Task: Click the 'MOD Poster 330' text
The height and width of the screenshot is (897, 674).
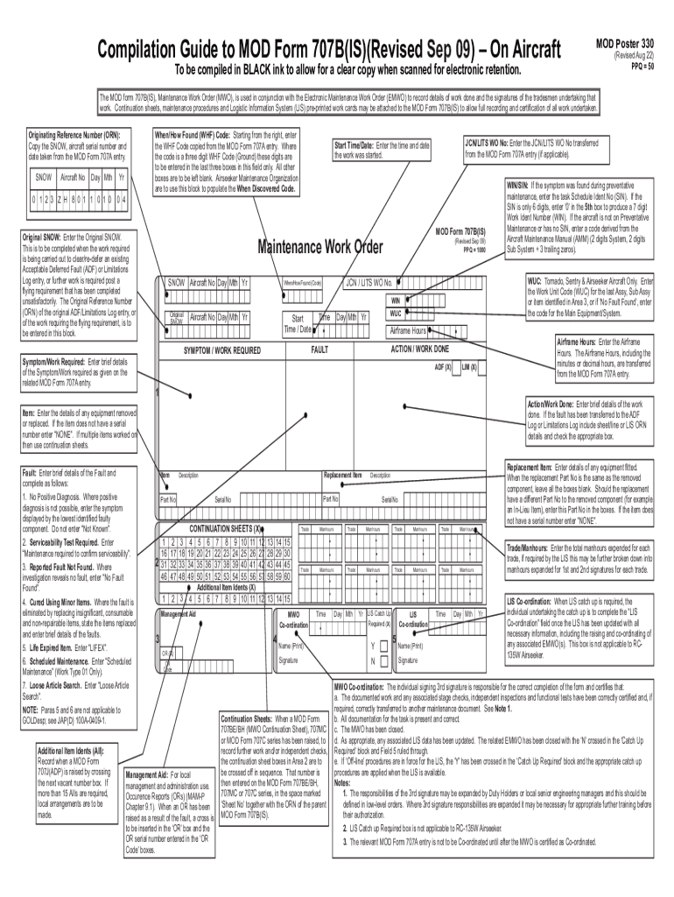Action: pyautogui.click(x=625, y=41)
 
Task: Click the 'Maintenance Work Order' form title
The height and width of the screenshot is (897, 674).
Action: pyautogui.click(x=319, y=248)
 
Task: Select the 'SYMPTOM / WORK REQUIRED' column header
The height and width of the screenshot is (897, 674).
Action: pyautogui.click(x=221, y=350)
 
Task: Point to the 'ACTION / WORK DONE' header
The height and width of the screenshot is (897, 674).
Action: pyautogui.click(x=420, y=349)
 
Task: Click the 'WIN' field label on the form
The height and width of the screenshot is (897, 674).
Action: pyautogui.click(x=395, y=299)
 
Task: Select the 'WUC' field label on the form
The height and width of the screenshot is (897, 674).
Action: pyautogui.click(x=396, y=313)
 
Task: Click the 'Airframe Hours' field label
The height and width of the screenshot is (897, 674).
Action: pyautogui.click(x=408, y=330)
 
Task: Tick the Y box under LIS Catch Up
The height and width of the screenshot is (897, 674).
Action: pyautogui.click(x=383, y=646)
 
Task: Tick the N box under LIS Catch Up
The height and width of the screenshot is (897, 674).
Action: pyautogui.click(x=383, y=660)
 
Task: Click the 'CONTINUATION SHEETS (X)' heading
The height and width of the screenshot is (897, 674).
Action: pyautogui.click(x=225, y=529)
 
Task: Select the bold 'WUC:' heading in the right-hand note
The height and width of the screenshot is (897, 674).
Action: pyautogui.click(x=536, y=280)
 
